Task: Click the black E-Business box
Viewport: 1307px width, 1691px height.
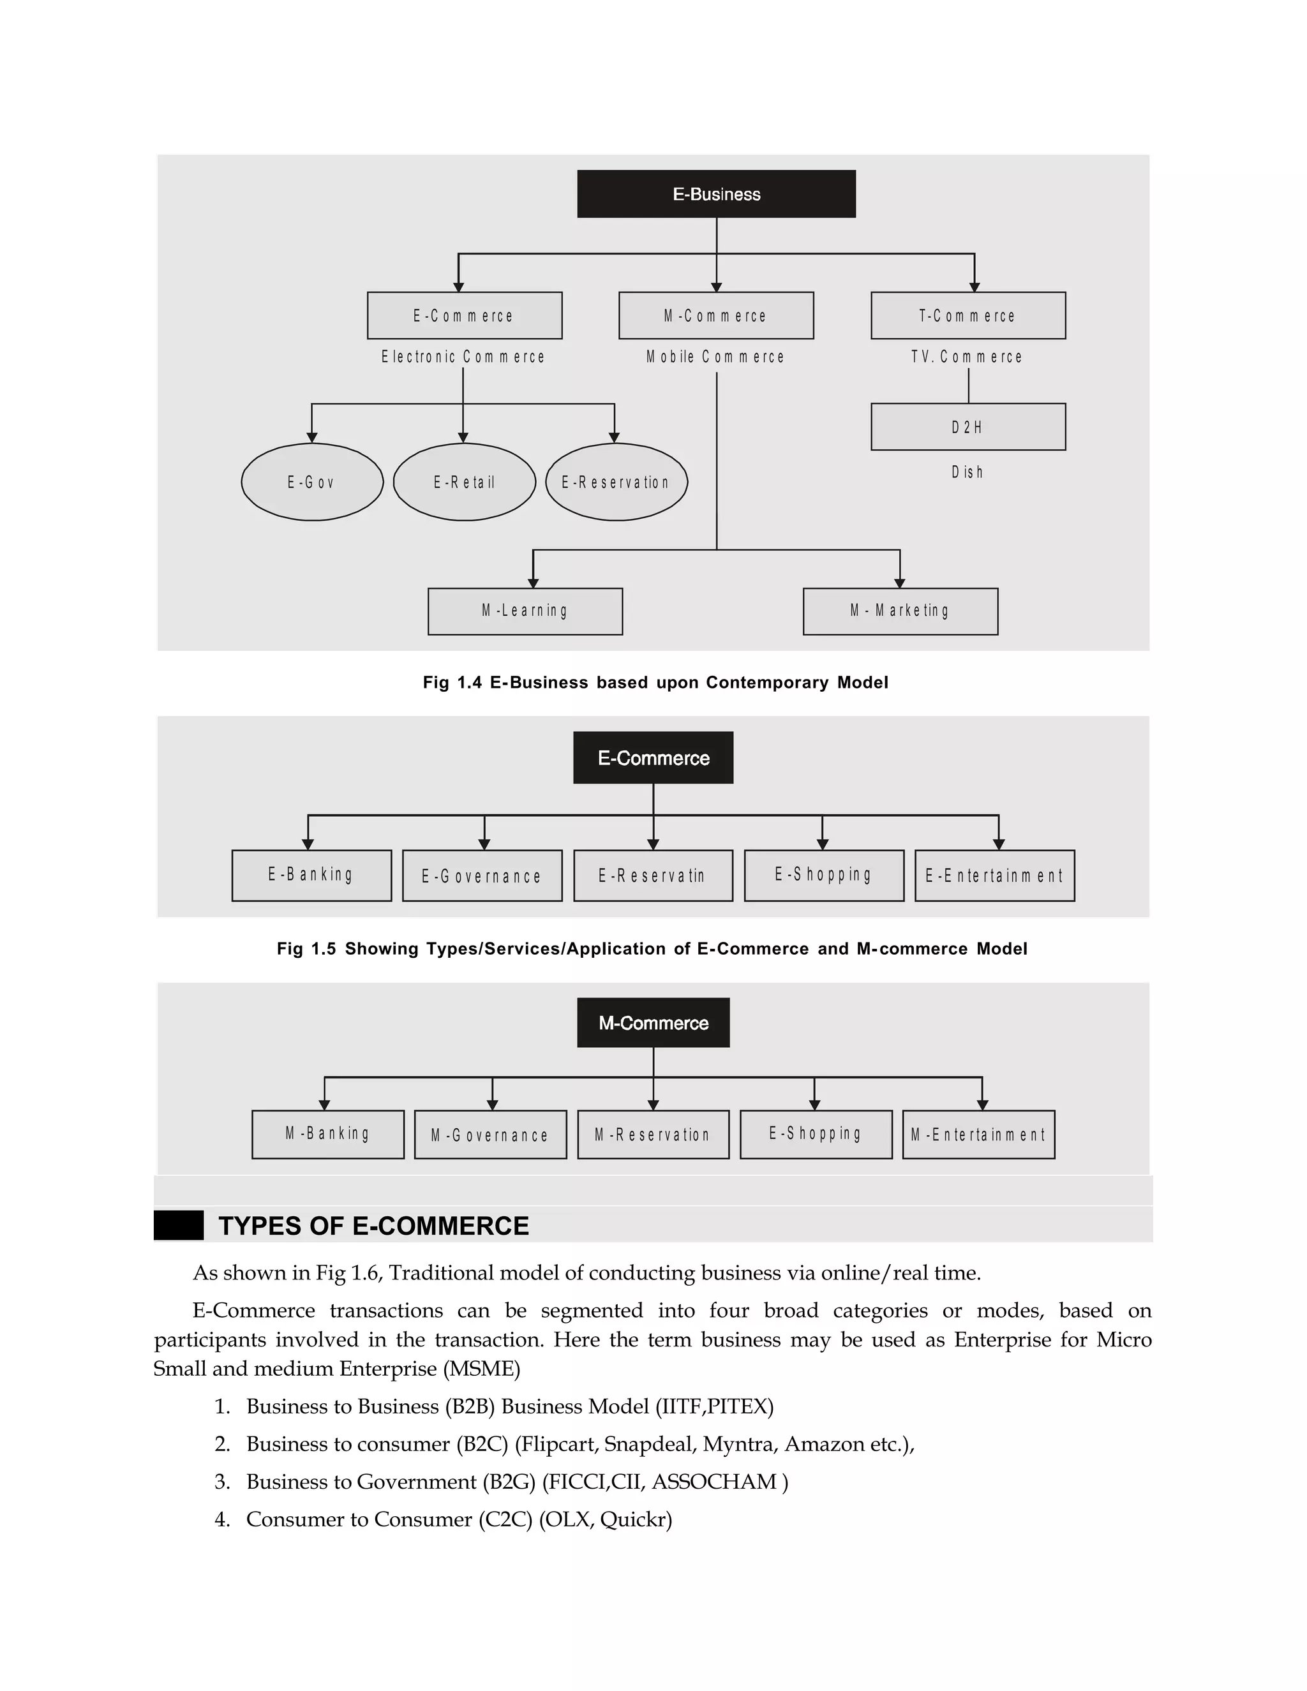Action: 716,193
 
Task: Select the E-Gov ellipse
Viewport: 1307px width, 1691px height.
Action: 312,482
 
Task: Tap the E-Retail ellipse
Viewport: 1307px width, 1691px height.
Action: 464,482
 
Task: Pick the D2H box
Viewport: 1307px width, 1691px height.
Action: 968,427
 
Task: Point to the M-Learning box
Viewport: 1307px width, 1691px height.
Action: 525,611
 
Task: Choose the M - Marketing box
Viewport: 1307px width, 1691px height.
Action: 900,611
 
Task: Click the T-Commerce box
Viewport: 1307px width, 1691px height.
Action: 968,315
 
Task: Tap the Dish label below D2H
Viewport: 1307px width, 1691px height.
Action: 967,472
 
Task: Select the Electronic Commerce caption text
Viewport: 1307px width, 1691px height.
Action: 463,357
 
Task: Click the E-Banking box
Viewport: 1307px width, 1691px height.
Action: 311,875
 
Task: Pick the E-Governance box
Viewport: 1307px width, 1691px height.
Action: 482,875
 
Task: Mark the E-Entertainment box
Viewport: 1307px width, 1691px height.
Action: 994,875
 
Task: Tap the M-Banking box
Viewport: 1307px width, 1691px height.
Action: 327,1135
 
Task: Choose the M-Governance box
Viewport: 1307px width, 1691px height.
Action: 490,1135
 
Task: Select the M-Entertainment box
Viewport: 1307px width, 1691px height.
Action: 978,1135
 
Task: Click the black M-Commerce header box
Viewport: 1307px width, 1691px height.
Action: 653,1023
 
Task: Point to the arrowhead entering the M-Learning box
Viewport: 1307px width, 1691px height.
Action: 533,583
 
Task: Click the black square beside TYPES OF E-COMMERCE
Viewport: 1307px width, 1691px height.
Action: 179,1226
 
